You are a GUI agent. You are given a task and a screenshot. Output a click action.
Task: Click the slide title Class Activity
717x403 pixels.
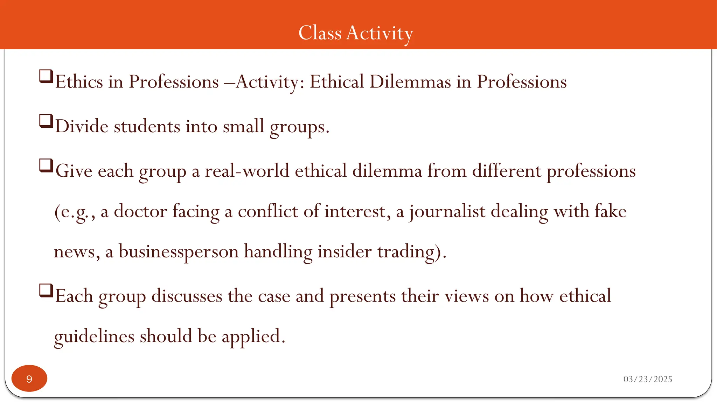(356, 33)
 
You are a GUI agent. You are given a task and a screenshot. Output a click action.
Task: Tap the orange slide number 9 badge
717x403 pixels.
(29, 379)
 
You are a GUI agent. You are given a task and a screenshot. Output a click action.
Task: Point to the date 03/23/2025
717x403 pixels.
(648, 379)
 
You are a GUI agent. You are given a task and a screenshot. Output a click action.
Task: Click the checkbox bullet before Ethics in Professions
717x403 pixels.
(46, 76)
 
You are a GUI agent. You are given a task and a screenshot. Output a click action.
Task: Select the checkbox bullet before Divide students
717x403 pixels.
(46, 121)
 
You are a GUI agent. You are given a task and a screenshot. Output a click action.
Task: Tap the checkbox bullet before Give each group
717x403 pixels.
(46, 165)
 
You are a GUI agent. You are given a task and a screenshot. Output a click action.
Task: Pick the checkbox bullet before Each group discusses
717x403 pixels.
(46, 290)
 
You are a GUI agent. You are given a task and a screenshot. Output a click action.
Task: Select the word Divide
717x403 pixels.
(82, 126)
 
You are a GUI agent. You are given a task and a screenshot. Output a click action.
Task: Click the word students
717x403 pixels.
(147, 126)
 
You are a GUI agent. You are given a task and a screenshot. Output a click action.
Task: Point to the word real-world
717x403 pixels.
(247, 171)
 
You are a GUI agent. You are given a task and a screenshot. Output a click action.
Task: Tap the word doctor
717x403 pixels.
(140, 211)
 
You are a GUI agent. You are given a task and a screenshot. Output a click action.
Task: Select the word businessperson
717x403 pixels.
(179, 252)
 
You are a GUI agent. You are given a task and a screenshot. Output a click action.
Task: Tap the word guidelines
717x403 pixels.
(94, 337)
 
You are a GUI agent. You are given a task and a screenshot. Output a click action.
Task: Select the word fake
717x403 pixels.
(609, 211)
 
